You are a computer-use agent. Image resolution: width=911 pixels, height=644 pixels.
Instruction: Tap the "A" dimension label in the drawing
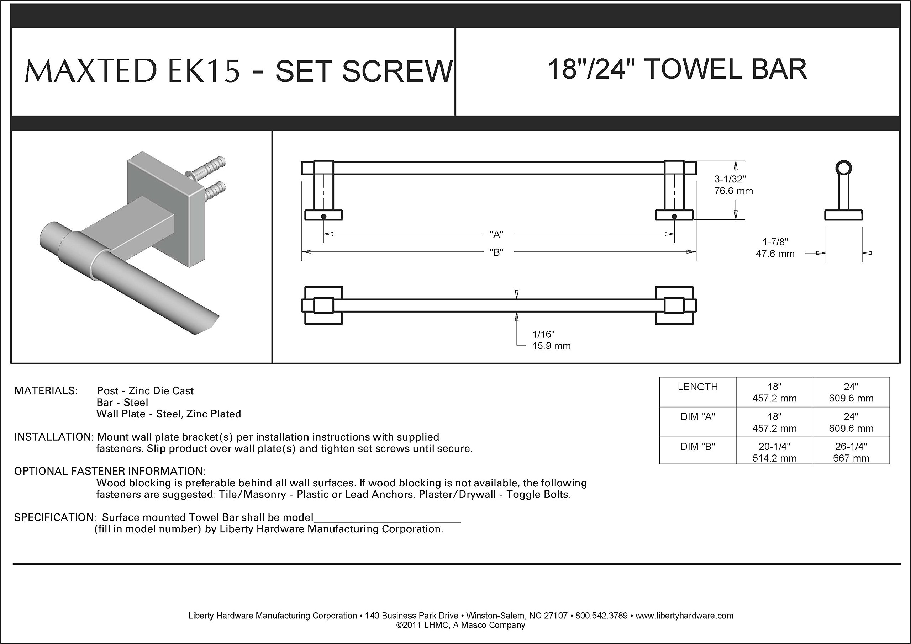click(496, 234)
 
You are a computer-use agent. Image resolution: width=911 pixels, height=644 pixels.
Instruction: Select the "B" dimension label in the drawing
click(496, 252)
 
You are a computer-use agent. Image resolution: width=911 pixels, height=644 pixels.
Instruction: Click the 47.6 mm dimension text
click(775, 254)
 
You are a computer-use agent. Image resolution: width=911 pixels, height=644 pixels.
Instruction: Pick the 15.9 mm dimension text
click(552, 346)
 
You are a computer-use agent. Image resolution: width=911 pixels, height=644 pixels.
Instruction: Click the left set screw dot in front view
click(324, 217)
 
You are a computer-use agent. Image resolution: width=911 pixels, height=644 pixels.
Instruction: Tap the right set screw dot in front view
click(674, 217)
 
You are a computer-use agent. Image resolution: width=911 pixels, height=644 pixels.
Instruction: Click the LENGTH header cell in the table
click(698, 387)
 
